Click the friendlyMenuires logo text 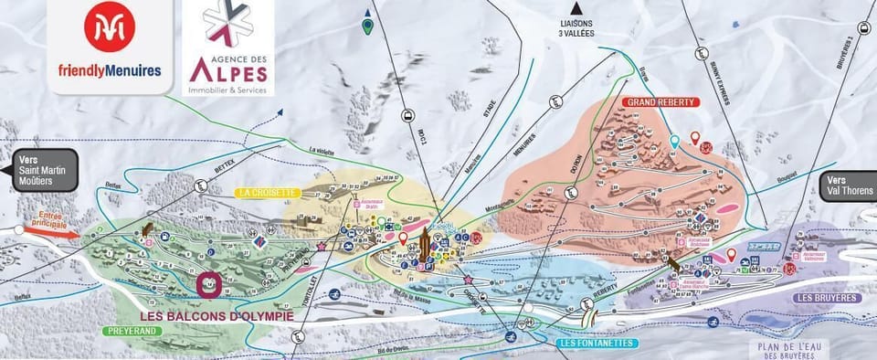pos(111,69)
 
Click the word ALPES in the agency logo pos(228,68)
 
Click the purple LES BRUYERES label pos(827,298)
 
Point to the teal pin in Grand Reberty pos(674,142)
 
